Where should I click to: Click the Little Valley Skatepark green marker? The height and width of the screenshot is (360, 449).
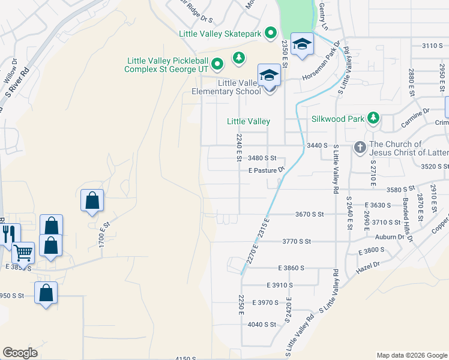point(270,34)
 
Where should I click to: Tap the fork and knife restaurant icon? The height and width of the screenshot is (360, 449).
point(10,232)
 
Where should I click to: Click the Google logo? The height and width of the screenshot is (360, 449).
point(20,353)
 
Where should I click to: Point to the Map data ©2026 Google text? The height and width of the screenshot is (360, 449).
point(412,355)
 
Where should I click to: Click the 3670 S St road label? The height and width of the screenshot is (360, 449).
point(309,214)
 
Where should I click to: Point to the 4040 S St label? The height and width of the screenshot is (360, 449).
point(261,325)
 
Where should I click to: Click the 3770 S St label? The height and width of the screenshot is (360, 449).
point(297,241)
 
